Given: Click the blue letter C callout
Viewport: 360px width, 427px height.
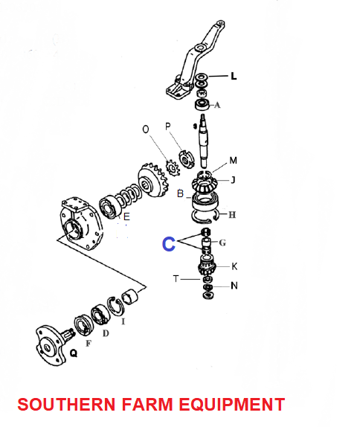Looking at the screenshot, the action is [169, 244].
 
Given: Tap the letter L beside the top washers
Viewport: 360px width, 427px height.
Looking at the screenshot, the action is [234, 76].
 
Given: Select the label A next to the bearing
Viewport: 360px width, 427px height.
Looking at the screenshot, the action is [217, 105].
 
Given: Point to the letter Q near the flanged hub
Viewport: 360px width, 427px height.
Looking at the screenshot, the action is [74, 353].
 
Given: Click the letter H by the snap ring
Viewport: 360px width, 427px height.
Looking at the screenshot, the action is [232, 215].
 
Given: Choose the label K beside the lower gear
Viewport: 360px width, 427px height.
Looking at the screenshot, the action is [234, 266].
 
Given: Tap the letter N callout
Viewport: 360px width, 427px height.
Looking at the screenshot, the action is [234, 286].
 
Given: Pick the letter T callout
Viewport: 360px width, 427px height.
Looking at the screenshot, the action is [176, 279].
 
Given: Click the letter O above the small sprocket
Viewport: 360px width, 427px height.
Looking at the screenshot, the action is [146, 129].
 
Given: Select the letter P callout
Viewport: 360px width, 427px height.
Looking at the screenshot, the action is [168, 126].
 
